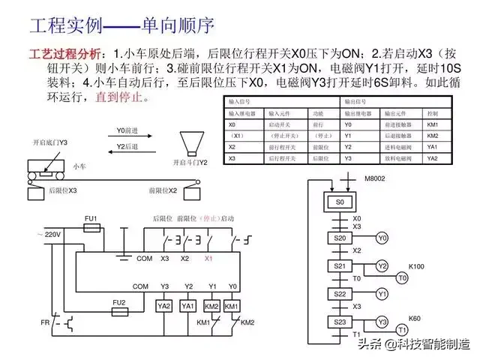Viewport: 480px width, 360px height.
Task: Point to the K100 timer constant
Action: (x=415, y=266)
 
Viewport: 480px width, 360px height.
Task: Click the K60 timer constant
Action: (x=415, y=319)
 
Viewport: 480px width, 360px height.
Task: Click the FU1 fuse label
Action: (x=91, y=218)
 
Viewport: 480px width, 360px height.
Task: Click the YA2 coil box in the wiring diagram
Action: (x=164, y=306)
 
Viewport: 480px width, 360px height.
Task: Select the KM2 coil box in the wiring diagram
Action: (x=211, y=306)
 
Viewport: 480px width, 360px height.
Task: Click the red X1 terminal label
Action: (x=208, y=259)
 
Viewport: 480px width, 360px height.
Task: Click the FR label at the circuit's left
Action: (x=44, y=323)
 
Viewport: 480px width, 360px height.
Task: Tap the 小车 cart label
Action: (x=79, y=165)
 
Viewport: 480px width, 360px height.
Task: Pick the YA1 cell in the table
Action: (x=432, y=148)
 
